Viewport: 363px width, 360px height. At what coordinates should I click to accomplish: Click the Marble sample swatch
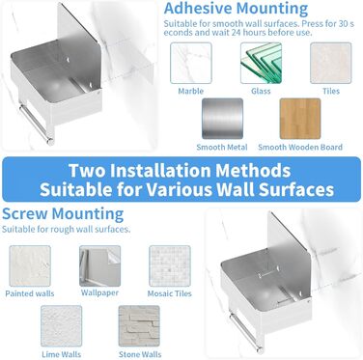click(191, 63)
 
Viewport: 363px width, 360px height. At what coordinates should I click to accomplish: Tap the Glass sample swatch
click(261, 63)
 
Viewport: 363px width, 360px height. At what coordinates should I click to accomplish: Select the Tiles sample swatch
click(331, 63)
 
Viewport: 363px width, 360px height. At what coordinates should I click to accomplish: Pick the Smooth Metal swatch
click(222, 119)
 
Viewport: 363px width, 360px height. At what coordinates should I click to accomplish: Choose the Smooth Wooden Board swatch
click(300, 119)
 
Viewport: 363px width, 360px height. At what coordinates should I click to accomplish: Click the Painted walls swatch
click(30, 265)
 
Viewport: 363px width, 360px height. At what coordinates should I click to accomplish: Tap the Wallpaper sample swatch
click(100, 265)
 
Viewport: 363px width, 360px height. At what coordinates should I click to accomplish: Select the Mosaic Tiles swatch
click(170, 265)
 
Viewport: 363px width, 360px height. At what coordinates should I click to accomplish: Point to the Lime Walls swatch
click(62, 326)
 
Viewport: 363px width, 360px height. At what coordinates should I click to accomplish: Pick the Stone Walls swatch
click(139, 326)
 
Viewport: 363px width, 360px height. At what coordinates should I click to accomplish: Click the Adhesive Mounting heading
click(236, 9)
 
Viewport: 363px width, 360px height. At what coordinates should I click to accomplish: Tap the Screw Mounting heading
click(63, 214)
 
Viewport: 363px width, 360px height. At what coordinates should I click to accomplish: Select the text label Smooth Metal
click(222, 148)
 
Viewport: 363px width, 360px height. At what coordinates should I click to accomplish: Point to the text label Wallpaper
click(99, 292)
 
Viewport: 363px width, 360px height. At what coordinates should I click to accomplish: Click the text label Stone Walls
click(140, 354)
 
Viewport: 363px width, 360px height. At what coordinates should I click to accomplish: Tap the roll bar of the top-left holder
click(36, 124)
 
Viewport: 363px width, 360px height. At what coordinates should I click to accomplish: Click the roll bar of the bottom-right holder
click(246, 333)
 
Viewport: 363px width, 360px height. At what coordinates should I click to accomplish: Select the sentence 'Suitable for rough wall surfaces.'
click(67, 230)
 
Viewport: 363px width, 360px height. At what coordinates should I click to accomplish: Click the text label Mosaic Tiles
click(170, 293)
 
